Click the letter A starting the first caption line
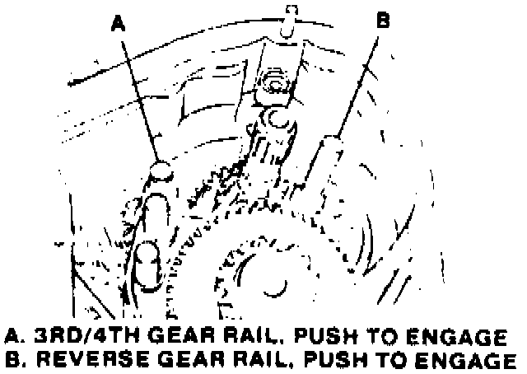pos(11,337)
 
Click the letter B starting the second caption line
pos(11,360)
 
